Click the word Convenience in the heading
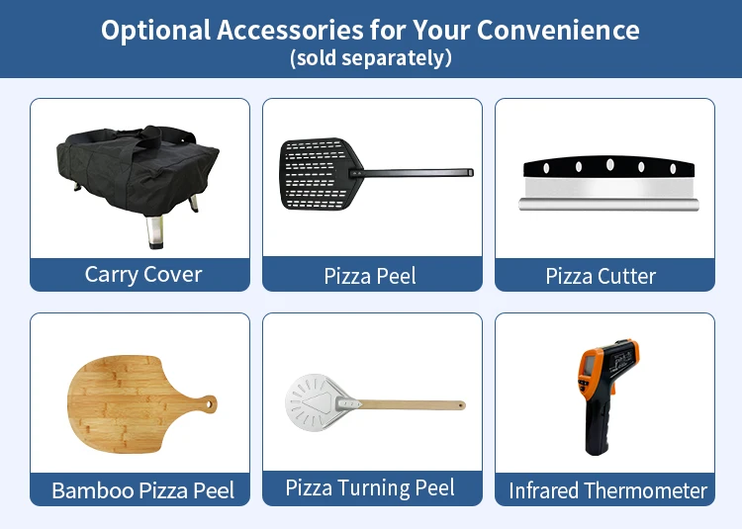point(558,31)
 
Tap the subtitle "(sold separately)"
point(371,58)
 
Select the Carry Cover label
point(143,275)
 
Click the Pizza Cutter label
point(601,277)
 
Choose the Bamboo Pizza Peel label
point(142,490)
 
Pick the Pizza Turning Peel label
point(370,487)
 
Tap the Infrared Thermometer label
point(607,490)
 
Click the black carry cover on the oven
point(138,169)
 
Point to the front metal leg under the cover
point(154,231)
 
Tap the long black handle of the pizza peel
point(413,173)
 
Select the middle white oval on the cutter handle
point(610,164)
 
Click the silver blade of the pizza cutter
point(609,189)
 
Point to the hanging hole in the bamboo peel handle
point(209,403)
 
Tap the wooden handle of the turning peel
point(412,404)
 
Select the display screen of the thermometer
point(590,365)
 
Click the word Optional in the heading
point(155,32)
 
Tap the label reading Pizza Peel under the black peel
point(370,277)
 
